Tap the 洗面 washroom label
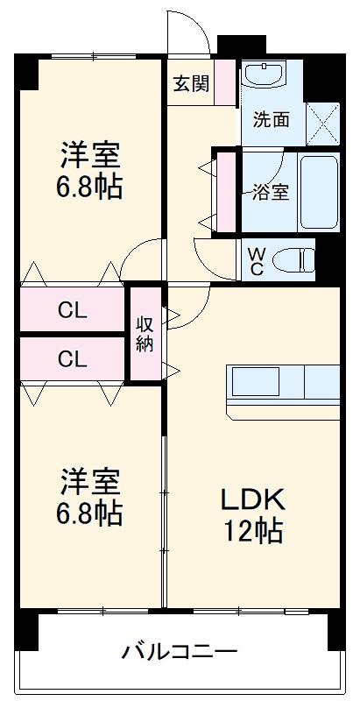pos(272,120)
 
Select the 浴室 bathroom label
pos(270,192)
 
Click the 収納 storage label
pos(145,333)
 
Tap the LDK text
pos(251,499)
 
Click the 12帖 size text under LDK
pos(251,530)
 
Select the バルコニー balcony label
pos(180,652)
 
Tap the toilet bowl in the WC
pos(293,259)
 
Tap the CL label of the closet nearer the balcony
pos(72,358)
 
